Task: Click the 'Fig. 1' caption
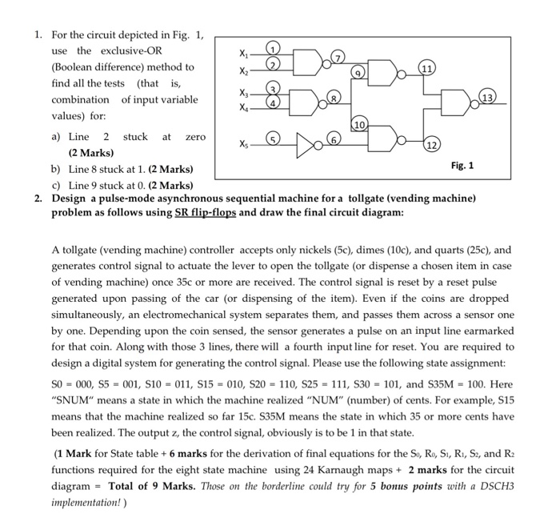point(462,166)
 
